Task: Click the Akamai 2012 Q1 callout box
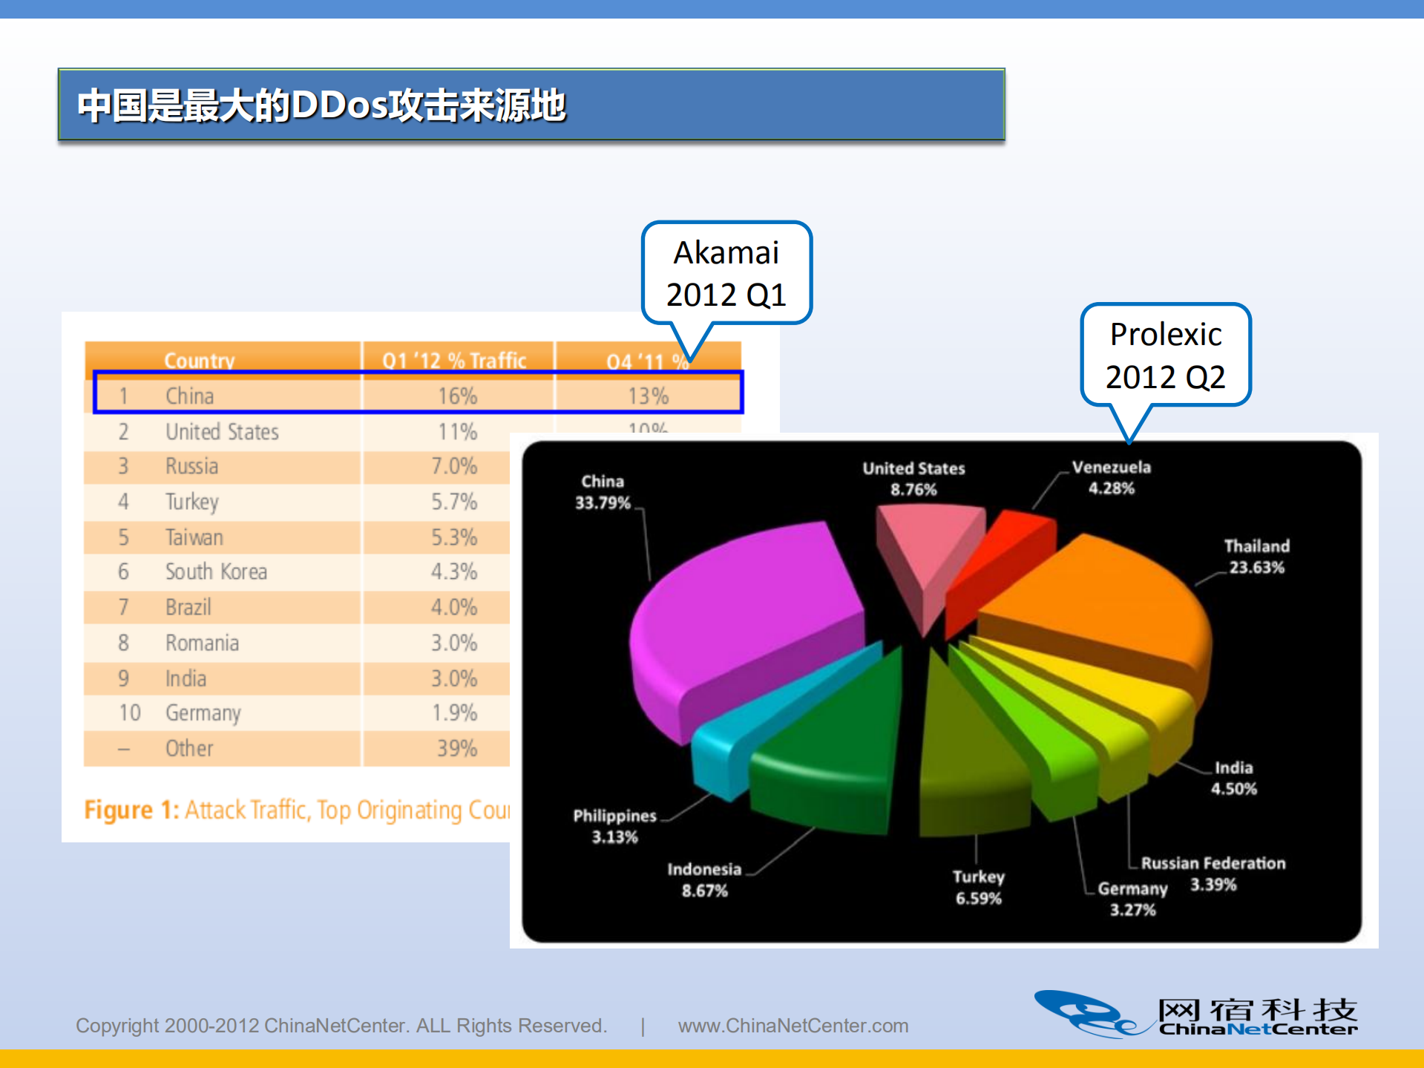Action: coord(726,273)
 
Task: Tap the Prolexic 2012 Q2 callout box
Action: coord(1165,355)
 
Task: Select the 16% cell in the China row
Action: coord(457,396)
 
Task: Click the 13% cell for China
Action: coord(648,396)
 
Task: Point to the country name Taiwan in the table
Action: coord(194,537)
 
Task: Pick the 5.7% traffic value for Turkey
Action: coord(454,502)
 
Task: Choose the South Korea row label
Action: coord(216,571)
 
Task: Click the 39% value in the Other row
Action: coord(456,748)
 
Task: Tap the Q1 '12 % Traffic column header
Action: coord(454,361)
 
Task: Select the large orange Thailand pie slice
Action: coord(1098,594)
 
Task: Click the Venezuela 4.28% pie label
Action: coord(1111,477)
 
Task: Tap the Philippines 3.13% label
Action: coord(614,826)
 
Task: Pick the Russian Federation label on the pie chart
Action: coord(1213,864)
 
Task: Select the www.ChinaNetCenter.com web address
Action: coord(793,1026)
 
